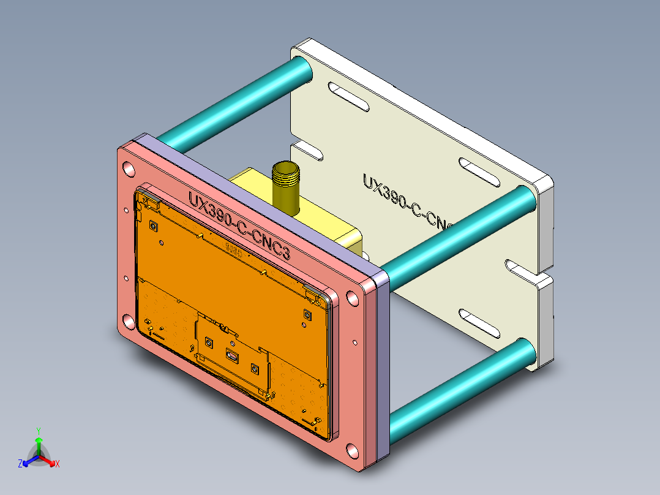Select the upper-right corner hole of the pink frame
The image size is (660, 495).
click(x=351, y=299)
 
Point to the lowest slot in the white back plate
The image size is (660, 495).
click(x=481, y=325)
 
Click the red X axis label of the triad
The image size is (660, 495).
click(x=58, y=464)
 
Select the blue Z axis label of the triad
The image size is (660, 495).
click(x=20, y=464)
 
